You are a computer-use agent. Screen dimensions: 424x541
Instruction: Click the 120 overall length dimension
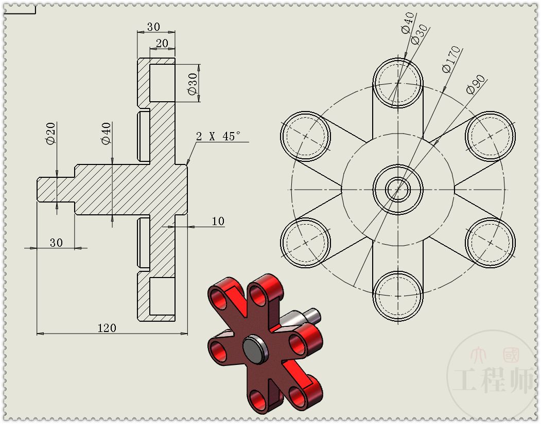click(107, 328)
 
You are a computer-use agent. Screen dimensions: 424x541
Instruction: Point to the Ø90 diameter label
click(476, 84)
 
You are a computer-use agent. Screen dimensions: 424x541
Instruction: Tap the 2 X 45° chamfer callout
click(218, 136)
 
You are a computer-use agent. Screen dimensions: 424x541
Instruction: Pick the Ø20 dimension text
click(50, 133)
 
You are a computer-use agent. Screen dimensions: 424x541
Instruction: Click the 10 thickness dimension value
click(218, 221)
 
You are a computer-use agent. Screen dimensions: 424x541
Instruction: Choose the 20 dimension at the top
click(162, 44)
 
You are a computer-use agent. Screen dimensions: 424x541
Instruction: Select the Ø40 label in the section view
click(106, 133)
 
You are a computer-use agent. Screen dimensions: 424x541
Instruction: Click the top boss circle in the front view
click(398, 82)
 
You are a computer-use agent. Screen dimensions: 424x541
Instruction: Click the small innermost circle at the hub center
click(398, 189)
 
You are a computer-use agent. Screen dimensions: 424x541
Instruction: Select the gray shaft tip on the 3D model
click(313, 312)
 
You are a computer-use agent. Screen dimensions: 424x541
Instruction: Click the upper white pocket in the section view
click(162, 83)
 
